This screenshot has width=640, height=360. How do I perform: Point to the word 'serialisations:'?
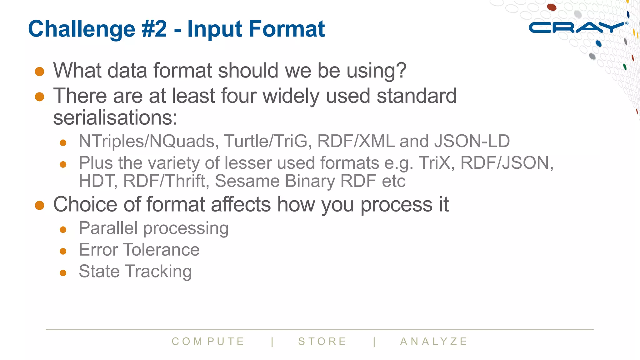click(115, 118)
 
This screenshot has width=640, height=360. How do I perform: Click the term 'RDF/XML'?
click(356, 141)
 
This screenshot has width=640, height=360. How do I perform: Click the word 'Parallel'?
click(108, 228)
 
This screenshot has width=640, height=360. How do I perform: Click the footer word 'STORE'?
click(322, 342)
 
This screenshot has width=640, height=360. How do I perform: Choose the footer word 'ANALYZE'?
click(434, 342)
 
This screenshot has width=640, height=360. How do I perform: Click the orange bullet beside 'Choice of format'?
click(40, 205)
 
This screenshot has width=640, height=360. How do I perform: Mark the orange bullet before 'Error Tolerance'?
click(63, 251)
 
